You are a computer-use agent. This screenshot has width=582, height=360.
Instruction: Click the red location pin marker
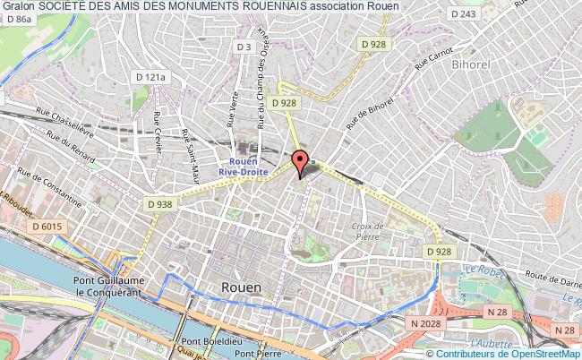click(x=300, y=161)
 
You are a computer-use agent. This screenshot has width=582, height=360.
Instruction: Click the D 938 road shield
click(x=159, y=205)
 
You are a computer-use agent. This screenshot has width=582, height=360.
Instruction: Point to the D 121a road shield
click(x=150, y=78)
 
